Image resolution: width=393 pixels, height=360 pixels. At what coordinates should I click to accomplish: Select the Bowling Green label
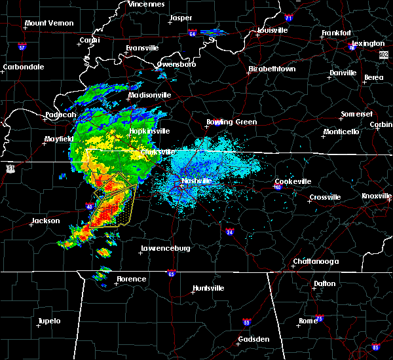click(x=232, y=122)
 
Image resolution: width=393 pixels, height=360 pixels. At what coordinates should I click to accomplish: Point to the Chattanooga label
click(x=315, y=261)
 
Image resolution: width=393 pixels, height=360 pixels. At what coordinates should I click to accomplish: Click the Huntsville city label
click(x=208, y=289)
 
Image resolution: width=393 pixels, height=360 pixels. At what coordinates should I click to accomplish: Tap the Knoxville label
click(x=377, y=196)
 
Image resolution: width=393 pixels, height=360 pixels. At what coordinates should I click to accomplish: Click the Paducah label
click(x=60, y=115)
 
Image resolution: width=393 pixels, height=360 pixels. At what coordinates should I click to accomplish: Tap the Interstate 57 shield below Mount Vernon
click(x=22, y=47)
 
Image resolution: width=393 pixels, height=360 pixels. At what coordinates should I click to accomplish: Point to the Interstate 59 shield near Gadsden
click(x=246, y=323)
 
